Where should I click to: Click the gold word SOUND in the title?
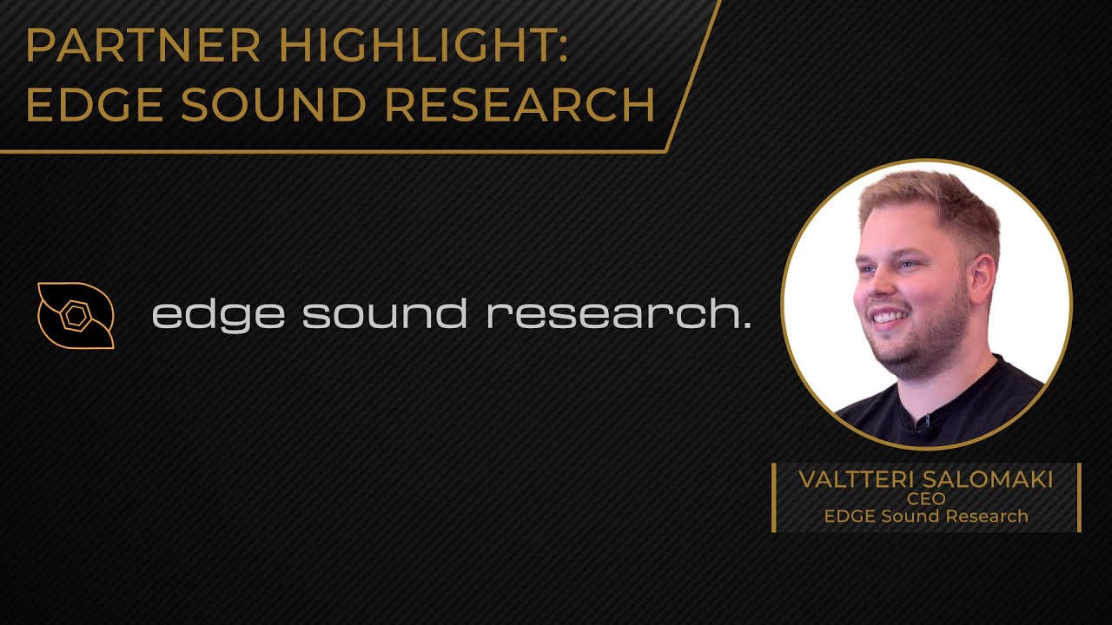pos(271,105)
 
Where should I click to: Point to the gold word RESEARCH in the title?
pos(520,105)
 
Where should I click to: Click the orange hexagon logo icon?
pos(76,315)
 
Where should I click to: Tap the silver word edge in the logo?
pos(218,315)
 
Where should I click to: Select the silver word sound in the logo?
pos(385,313)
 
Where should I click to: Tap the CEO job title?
pos(925,499)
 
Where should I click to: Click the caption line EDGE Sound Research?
pos(925,516)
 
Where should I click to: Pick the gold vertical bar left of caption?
pos(773,497)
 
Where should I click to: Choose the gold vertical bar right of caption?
pos(1079,497)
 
